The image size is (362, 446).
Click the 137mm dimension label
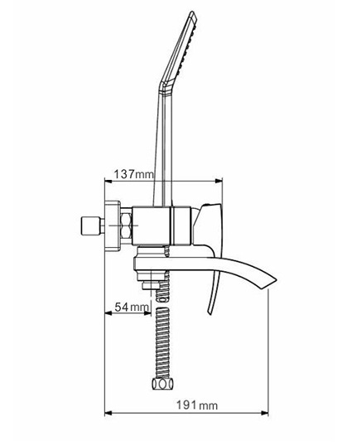(x=133, y=174)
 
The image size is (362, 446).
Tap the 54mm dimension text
(x=132, y=307)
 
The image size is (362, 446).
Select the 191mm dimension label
(x=197, y=405)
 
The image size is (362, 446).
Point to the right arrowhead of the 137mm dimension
(x=219, y=181)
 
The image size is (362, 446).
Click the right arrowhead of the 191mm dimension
(x=264, y=413)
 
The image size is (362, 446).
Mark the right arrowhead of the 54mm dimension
(x=147, y=313)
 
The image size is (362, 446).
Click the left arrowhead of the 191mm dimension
(x=109, y=413)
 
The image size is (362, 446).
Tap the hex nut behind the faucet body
(x=126, y=225)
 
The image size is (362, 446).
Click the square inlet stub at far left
(x=90, y=225)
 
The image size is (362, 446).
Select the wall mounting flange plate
(x=113, y=225)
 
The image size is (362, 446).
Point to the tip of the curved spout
(x=276, y=279)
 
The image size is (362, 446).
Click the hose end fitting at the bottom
(x=162, y=384)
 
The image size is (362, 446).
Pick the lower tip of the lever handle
(x=210, y=313)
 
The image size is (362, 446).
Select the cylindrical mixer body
(x=162, y=225)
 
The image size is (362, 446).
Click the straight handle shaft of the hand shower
(x=163, y=148)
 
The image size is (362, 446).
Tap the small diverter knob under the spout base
(x=151, y=285)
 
